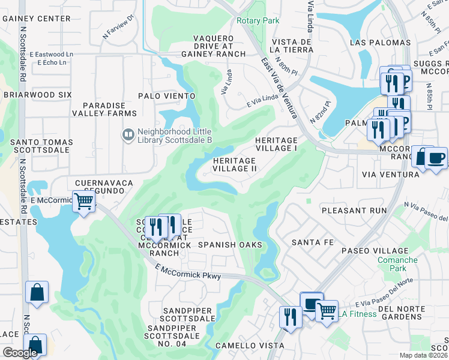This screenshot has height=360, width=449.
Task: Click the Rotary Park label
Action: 258,20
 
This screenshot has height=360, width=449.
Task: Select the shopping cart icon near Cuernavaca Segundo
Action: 84,201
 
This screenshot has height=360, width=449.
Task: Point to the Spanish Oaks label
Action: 231,245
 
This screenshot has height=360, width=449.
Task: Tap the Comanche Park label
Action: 397,265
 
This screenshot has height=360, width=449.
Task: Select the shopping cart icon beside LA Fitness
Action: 327,311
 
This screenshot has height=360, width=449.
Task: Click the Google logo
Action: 20,353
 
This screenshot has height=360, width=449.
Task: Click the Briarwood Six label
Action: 37,95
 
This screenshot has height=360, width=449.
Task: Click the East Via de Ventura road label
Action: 277,80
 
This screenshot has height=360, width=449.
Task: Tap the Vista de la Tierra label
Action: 292,46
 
